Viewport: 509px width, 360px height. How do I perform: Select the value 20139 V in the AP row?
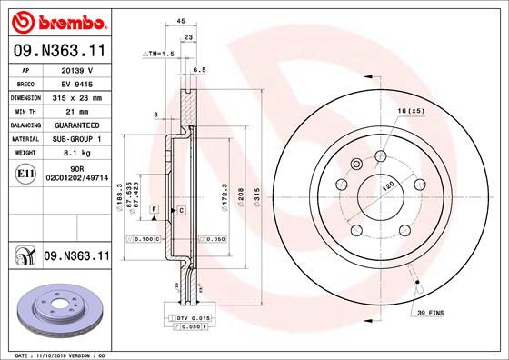click(x=77, y=68)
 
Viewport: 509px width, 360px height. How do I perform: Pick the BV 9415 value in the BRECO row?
click(x=77, y=83)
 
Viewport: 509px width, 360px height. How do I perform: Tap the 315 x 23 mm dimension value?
click(x=77, y=96)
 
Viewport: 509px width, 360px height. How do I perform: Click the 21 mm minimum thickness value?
click(x=77, y=110)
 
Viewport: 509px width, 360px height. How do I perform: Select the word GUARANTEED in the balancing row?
click(x=77, y=125)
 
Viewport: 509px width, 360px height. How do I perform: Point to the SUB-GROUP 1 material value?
click(x=77, y=138)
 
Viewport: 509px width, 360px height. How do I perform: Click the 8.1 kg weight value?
click(x=77, y=153)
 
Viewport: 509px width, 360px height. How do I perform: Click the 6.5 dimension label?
click(x=200, y=69)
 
